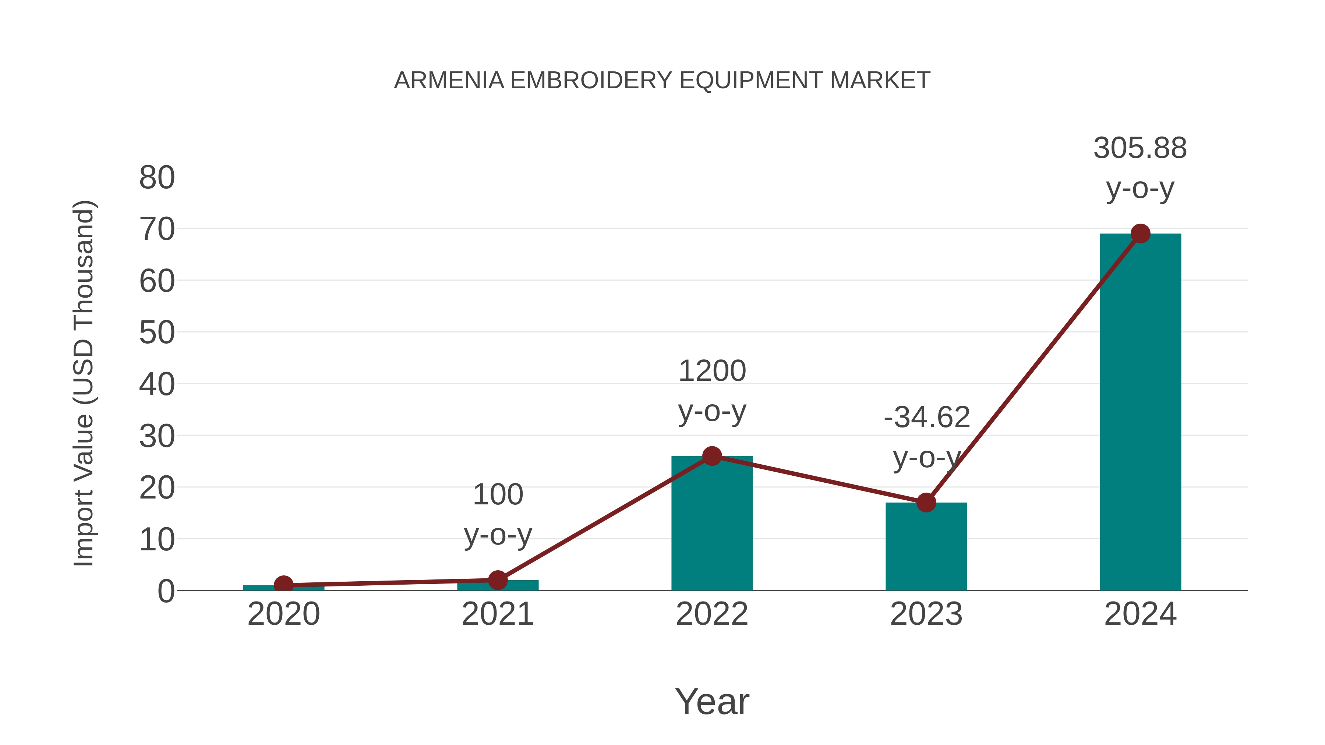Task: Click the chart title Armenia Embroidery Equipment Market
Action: [x=662, y=81]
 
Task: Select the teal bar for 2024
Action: [x=1140, y=411]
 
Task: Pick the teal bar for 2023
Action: [x=926, y=547]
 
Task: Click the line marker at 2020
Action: [x=283, y=585]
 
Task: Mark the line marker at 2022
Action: [x=712, y=456]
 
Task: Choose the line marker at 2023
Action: [x=926, y=503]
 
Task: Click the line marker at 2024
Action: [x=1140, y=234]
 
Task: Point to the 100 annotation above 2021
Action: [x=497, y=495]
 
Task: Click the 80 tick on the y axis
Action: [x=157, y=178]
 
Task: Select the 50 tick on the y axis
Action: [x=157, y=333]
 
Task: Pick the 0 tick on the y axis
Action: [x=166, y=591]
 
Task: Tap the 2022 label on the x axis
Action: [x=712, y=614]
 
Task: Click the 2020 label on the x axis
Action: [x=283, y=614]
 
